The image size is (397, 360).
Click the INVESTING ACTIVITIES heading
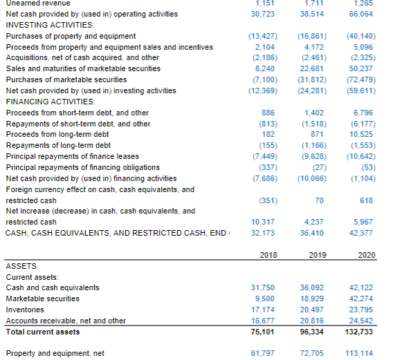(x=45, y=25)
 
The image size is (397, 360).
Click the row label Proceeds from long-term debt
(x=57, y=135)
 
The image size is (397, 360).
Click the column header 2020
(x=367, y=255)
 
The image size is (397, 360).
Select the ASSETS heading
(x=22, y=265)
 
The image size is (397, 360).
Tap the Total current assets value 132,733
(x=362, y=332)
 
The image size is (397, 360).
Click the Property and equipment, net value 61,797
(x=263, y=353)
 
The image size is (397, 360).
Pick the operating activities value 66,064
(x=364, y=14)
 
